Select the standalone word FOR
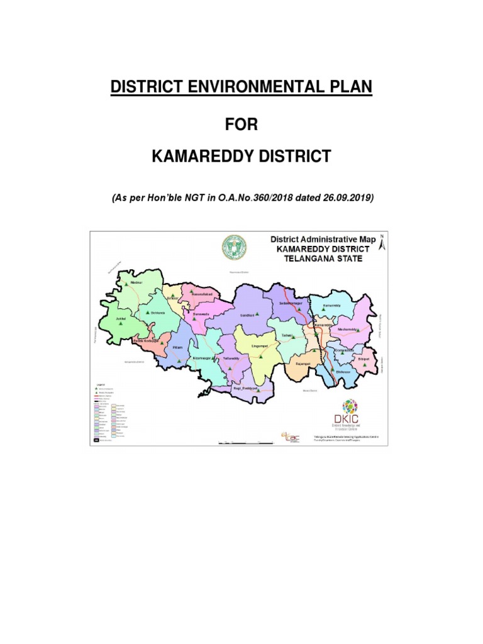(x=241, y=124)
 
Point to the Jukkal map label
(x=121, y=319)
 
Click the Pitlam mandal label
(x=177, y=347)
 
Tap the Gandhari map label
(x=247, y=314)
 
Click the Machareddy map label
(x=348, y=329)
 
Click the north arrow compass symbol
(x=380, y=243)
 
